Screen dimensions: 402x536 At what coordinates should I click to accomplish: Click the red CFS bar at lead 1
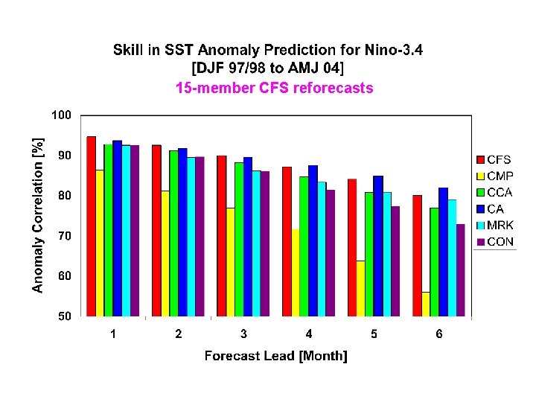click(x=91, y=226)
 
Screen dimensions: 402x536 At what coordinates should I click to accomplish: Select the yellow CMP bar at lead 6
click(x=425, y=304)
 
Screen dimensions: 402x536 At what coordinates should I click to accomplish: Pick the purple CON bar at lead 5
click(x=395, y=261)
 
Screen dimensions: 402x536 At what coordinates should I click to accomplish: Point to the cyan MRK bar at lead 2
click(x=191, y=237)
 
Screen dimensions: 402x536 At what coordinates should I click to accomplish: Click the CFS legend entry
click(x=494, y=160)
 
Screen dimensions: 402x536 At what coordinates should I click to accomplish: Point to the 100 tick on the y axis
click(x=61, y=115)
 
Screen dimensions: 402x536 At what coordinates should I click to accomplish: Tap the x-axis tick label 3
click(x=243, y=334)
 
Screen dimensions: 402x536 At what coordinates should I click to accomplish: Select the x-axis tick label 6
click(x=439, y=334)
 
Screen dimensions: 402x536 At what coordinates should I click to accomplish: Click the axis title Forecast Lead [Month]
click(x=275, y=356)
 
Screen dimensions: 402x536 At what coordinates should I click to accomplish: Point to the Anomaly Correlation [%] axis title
click(x=37, y=214)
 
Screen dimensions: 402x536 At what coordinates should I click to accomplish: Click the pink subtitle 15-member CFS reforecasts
click(x=274, y=89)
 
